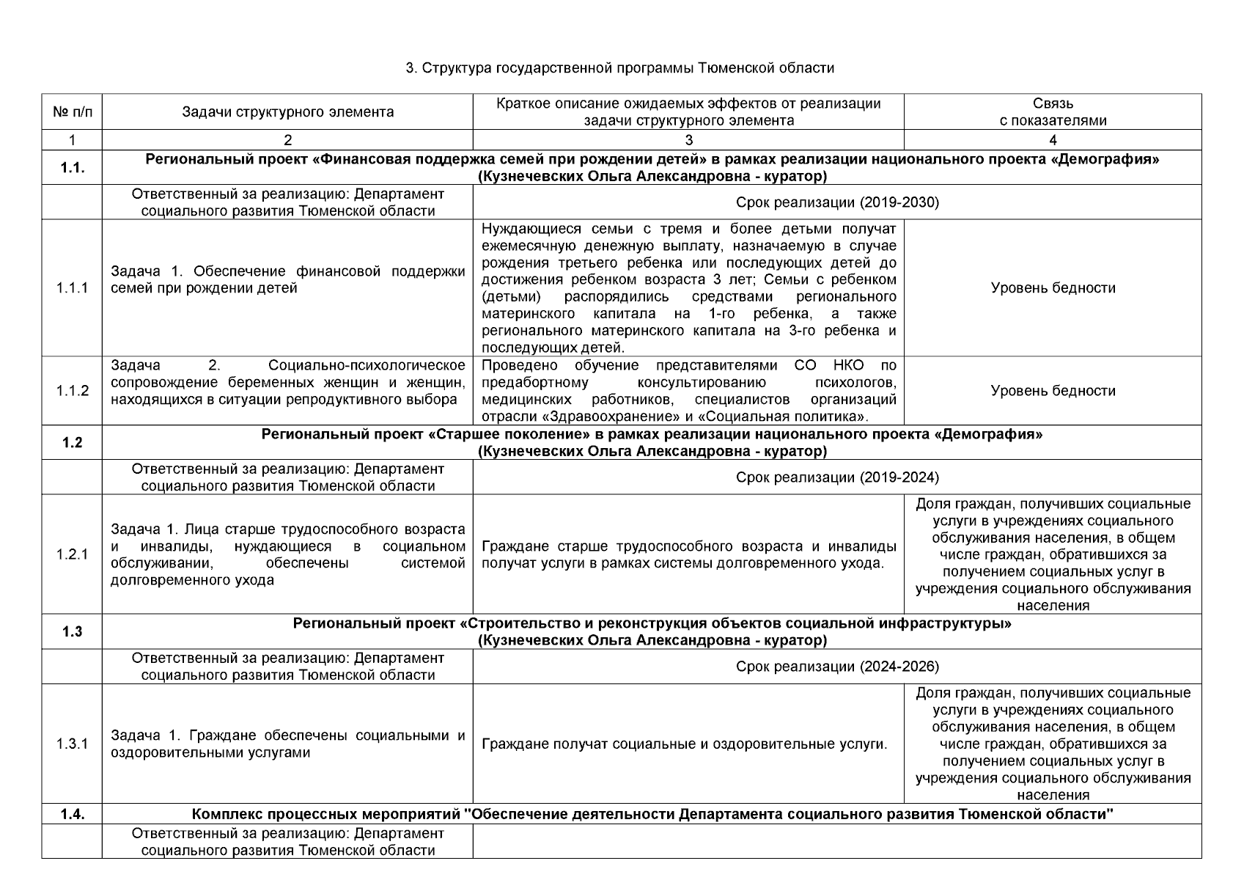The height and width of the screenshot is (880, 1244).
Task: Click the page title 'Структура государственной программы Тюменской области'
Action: click(x=621, y=68)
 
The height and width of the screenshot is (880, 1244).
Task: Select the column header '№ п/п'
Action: click(x=73, y=112)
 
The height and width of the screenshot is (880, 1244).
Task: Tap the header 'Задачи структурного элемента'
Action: click(x=287, y=112)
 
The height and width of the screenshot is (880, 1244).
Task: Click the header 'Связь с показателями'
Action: click(x=1053, y=112)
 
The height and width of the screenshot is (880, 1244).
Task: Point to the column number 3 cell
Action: click(x=688, y=140)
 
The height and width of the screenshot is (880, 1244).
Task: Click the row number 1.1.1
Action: click(x=73, y=288)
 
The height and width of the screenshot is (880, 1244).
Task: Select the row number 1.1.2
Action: click(x=73, y=391)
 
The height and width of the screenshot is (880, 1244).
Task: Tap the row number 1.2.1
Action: click(x=73, y=554)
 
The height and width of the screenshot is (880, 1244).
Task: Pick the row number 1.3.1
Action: click(x=73, y=744)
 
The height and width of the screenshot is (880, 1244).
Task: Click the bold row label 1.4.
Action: click(x=73, y=814)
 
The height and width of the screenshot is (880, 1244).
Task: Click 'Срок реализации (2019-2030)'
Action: click(x=837, y=202)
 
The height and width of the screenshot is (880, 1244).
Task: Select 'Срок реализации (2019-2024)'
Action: click(x=837, y=477)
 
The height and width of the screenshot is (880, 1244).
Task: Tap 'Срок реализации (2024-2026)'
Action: click(x=837, y=667)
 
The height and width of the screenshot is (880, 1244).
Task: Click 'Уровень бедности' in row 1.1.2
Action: click(x=1053, y=391)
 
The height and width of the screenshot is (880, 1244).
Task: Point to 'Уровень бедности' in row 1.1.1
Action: click(x=1053, y=288)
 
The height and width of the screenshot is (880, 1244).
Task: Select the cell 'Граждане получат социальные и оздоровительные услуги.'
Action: click(x=685, y=744)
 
